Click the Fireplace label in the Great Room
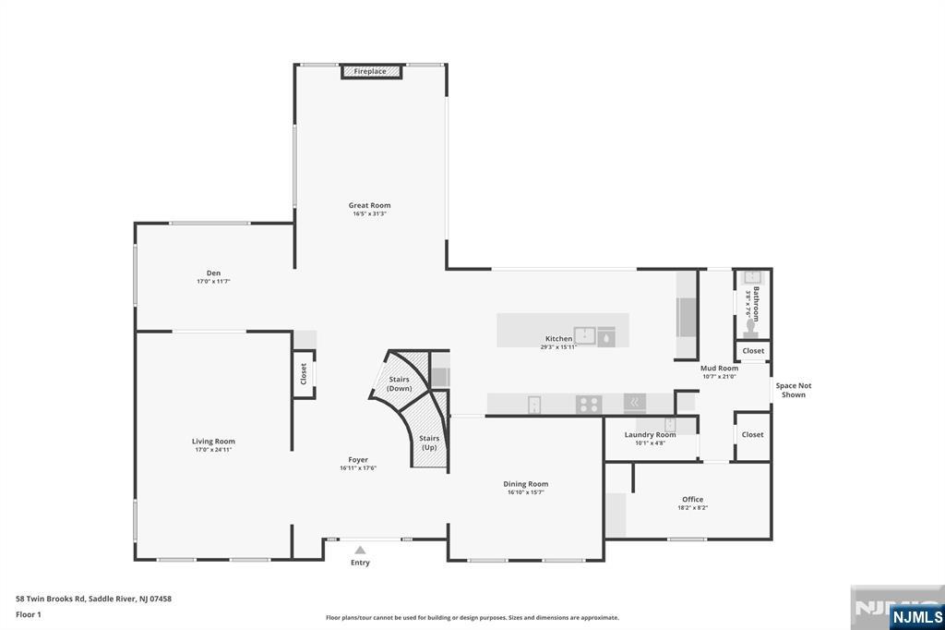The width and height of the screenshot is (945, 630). (370, 71)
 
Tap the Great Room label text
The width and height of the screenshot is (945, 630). (369, 205)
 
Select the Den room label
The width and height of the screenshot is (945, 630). (213, 273)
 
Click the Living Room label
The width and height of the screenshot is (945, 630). (213, 442)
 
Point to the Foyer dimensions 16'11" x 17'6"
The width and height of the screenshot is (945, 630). (358, 468)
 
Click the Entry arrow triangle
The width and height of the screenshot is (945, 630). (360, 550)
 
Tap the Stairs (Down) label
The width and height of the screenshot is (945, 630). (400, 383)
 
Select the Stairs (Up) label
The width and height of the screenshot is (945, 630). (429, 442)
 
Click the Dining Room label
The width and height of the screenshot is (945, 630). (525, 484)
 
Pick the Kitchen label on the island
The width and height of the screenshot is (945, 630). (558, 339)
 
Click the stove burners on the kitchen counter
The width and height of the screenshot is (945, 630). (589, 404)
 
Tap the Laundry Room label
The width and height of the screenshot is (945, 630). (650, 434)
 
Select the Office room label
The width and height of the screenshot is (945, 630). (692, 499)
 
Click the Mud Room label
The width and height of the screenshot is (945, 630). (719, 368)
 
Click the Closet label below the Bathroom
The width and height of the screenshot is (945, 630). (753, 351)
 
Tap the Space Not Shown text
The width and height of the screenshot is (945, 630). (794, 390)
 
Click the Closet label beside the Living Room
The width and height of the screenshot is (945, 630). (304, 374)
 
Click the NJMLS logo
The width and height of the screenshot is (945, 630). (916, 617)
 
